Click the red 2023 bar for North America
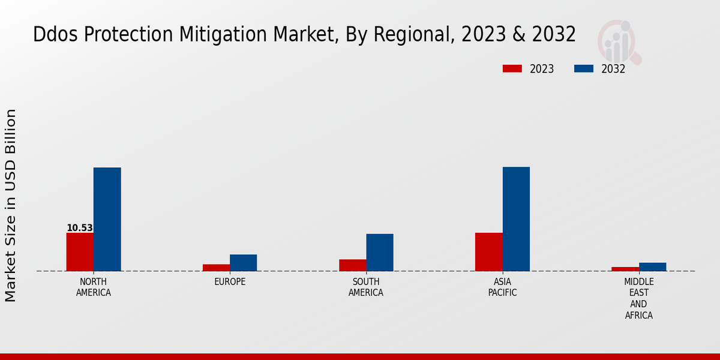(80, 251)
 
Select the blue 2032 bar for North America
(107, 219)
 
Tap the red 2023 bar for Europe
(216, 268)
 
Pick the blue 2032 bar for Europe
(243, 263)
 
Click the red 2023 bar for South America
(352, 265)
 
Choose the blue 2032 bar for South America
(380, 252)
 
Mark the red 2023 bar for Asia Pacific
(488, 251)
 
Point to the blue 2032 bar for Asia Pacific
(516, 219)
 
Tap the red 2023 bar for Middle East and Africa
(625, 269)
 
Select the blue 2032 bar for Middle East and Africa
(652, 267)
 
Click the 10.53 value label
(80, 228)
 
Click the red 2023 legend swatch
(512, 68)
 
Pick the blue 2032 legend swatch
(584, 68)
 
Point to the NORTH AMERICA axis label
(94, 287)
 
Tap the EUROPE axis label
(230, 282)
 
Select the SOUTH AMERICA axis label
(366, 287)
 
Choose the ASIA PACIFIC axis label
(502, 287)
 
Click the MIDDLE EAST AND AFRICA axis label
(639, 299)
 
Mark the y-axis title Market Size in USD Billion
(11, 205)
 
